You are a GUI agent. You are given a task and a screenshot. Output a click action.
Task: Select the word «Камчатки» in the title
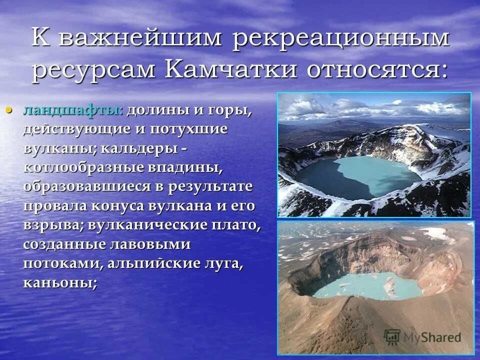click(x=232, y=70)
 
